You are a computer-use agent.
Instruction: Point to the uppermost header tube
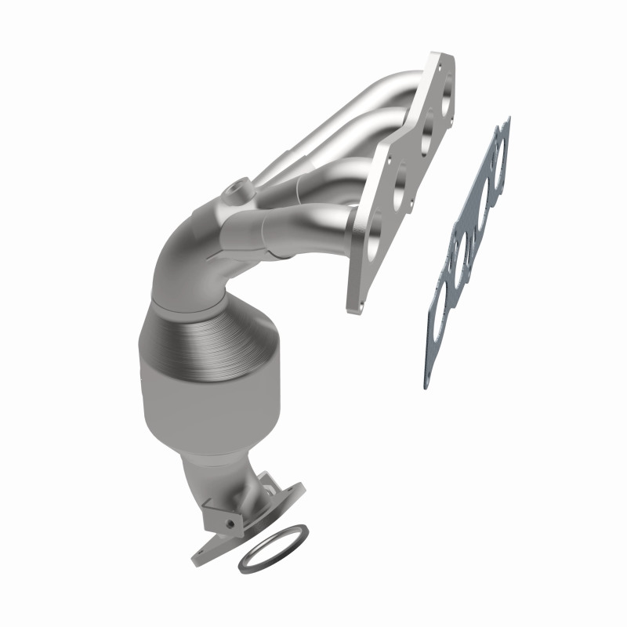click(x=376, y=86)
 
